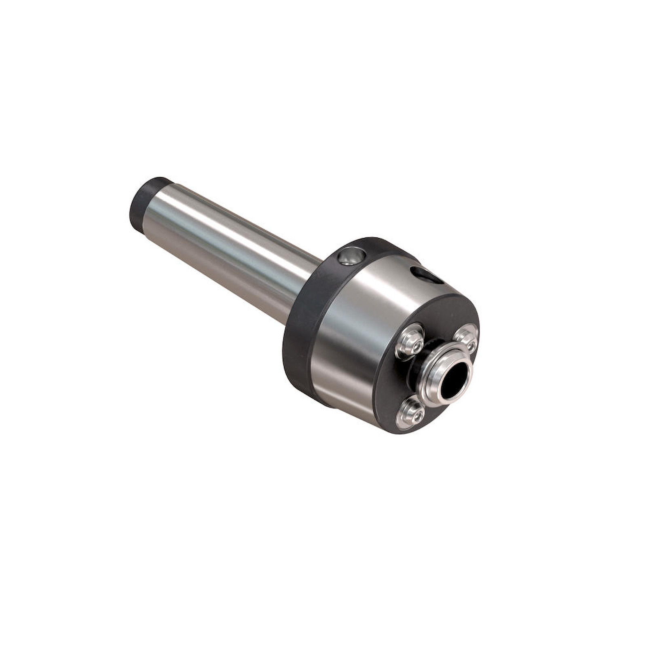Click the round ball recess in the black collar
pyautogui.click(x=350, y=256)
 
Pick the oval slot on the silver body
pyautogui.click(x=425, y=276)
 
